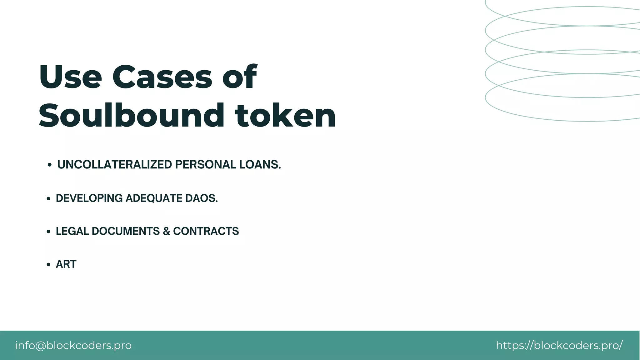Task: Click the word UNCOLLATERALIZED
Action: [114, 165]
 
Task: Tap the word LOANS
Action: [260, 165]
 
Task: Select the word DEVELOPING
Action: [89, 198]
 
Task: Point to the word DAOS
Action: [202, 198]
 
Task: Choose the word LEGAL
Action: [72, 231]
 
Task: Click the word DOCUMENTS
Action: [126, 231]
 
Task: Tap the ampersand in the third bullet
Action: [166, 231]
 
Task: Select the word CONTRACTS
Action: [206, 231]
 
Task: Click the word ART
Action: [66, 264]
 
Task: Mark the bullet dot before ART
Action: [48, 265]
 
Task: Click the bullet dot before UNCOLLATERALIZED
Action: [49, 165]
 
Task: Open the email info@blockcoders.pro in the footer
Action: [73, 345]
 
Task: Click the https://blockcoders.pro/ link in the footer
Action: [559, 345]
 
